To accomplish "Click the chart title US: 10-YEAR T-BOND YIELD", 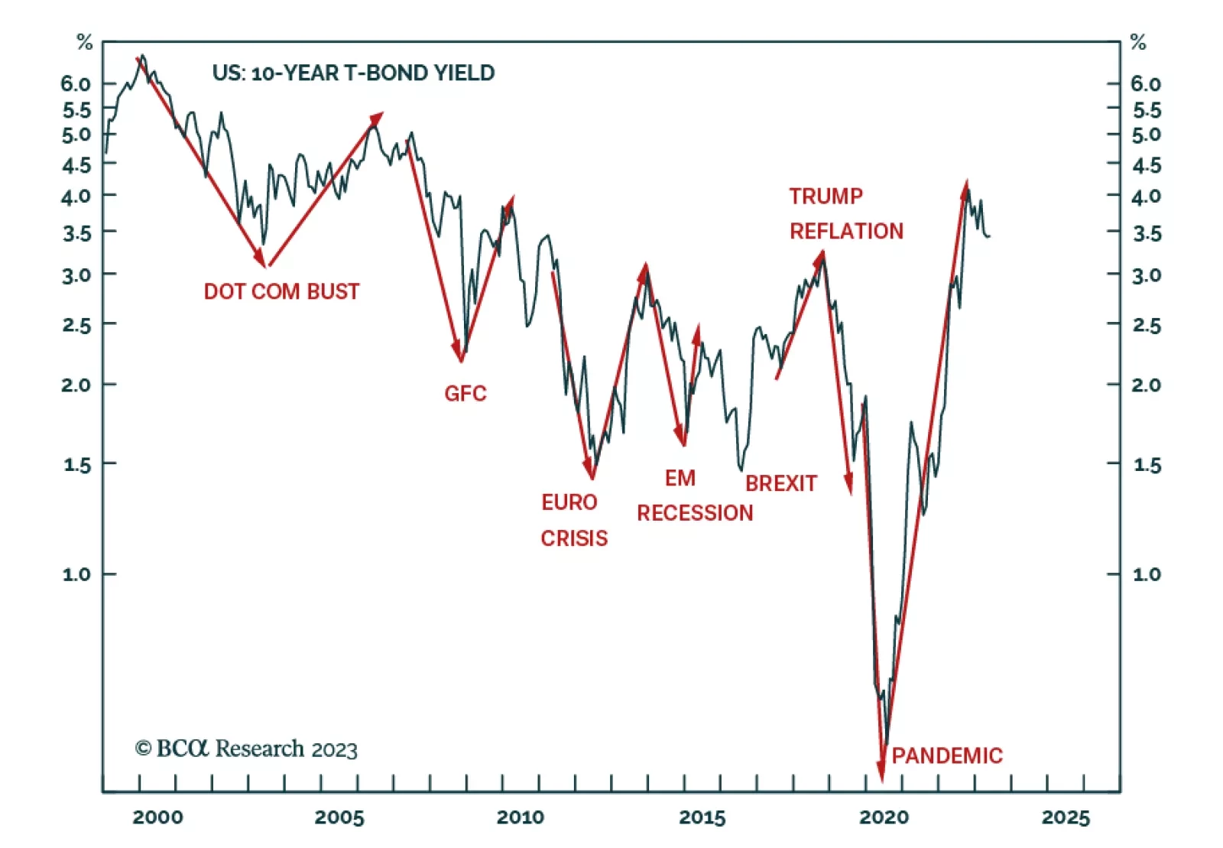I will (x=353, y=73).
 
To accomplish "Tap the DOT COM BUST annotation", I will (x=281, y=291).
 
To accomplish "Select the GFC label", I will (x=465, y=393).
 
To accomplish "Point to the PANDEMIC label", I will (x=946, y=755).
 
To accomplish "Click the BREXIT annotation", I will (x=780, y=483).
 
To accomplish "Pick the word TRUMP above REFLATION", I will (x=826, y=197).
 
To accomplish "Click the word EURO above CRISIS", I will (x=569, y=502).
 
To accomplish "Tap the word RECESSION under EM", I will (x=695, y=512).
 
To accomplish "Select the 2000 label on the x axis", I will (x=157, y=817).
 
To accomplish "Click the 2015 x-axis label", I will (x=702, y=817).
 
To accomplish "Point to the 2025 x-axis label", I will (x=1065, y=817).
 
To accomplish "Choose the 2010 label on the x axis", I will (x=521, y=817).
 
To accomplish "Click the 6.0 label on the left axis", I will (x=76, y=83).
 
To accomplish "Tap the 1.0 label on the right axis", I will (x=1146, y=573).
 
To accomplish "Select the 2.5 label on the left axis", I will (x=76, y=325).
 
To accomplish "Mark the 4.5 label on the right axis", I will (x=1146, y=165).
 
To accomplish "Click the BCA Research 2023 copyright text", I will (x=246, y=749).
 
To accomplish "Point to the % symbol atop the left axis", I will (x=85, y=43).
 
